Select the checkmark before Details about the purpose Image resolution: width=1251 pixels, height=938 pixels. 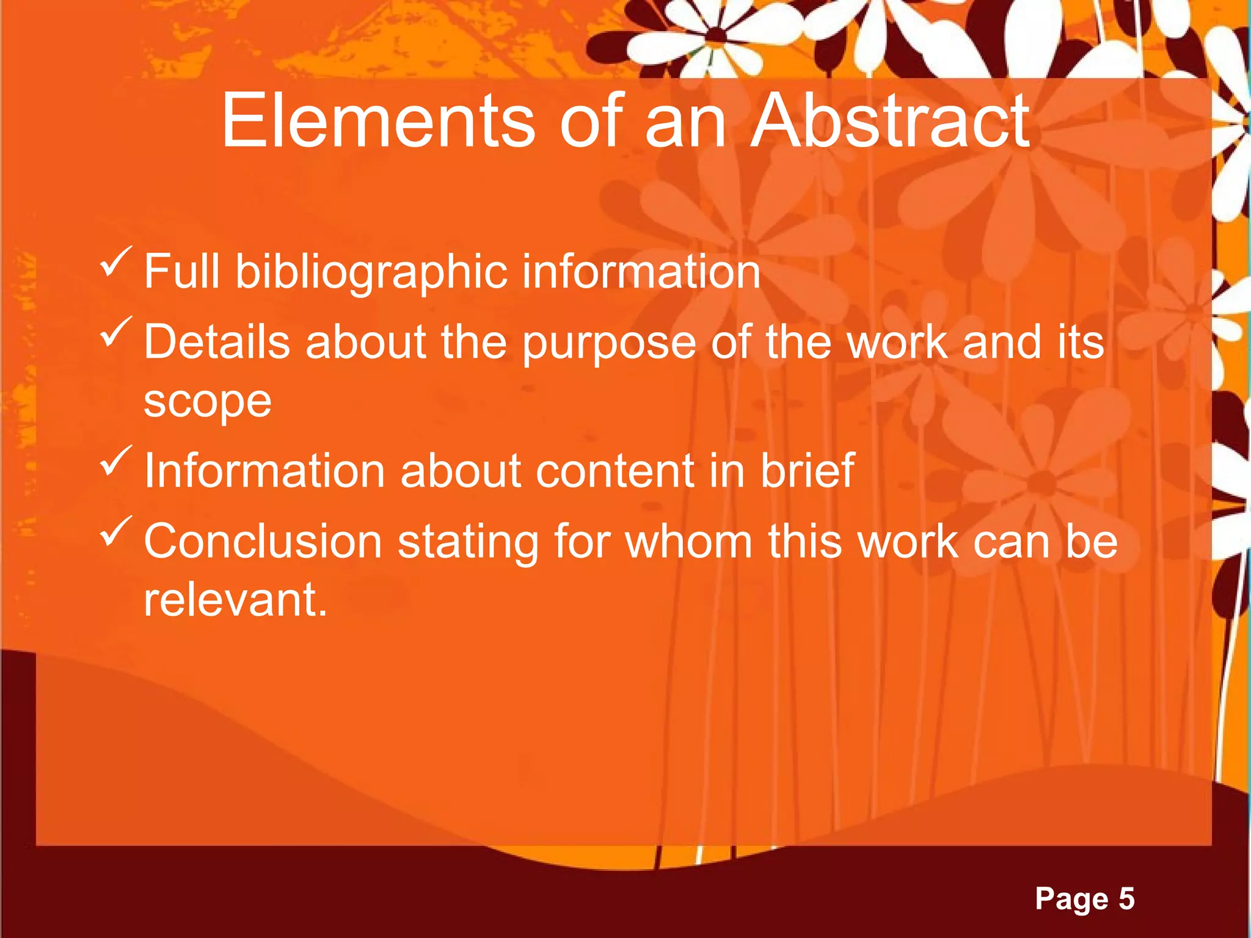(x=115, y=333)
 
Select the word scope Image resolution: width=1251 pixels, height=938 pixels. (x=208, y=402)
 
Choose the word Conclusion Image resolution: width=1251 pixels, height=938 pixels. (x=263, y=542)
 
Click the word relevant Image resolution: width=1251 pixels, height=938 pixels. (x=235, y=600)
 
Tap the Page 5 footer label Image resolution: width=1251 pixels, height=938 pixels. (x=1085, y=899)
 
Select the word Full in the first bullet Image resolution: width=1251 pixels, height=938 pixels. (x=181, y=272)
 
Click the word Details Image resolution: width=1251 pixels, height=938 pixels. (x=217, y=342)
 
